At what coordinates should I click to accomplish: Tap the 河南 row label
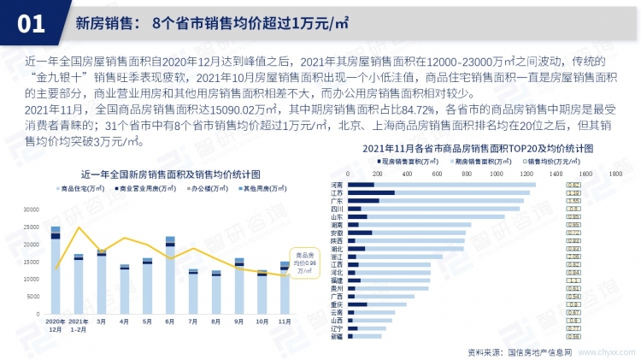[336, 185]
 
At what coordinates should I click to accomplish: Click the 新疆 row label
[336, 336]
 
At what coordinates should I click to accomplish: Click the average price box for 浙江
[574, 257]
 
